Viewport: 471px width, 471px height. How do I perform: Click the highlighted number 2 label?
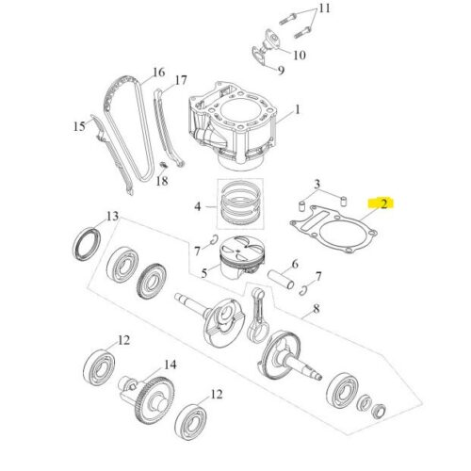click(383, 203)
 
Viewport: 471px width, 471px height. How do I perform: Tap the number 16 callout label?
click(159, 73)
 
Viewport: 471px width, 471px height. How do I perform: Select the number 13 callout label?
click(112, 216)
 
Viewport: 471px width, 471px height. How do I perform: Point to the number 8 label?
click(317, 309)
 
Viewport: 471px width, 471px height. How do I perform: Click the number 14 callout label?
click(171, 365)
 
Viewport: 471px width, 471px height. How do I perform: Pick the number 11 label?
click(325, 8)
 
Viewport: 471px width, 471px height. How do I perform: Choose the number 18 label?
click(162, 181)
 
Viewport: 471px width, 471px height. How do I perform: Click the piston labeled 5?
click(242, 257)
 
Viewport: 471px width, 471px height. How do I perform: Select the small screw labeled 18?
click(163, 164)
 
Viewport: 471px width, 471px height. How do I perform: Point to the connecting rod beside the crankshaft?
click(258, 316)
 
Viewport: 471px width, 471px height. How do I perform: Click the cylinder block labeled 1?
click(233, 125)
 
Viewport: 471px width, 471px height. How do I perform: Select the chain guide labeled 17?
click(168, 128)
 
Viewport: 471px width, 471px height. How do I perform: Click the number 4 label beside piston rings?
click(198, 206)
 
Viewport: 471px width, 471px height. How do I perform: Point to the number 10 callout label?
click(300, 56)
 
